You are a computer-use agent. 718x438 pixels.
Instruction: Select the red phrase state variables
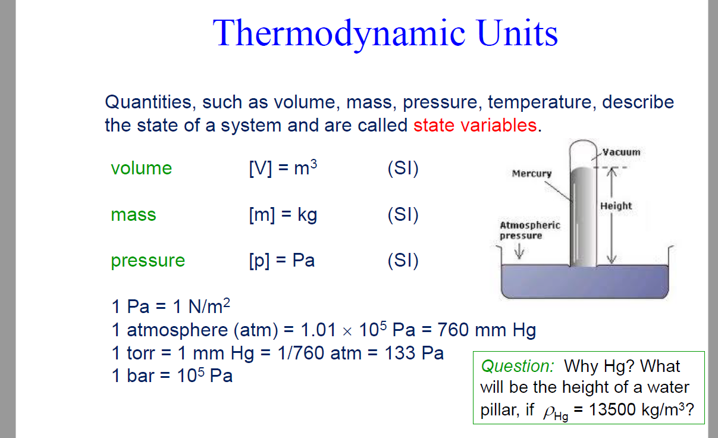[475, 126]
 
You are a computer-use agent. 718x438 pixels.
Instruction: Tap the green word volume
[141, 168]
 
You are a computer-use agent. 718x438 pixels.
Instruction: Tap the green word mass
[133, 214]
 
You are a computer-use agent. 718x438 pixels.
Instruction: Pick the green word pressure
[148, 261]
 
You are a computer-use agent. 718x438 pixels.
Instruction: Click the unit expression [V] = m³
[283, 168]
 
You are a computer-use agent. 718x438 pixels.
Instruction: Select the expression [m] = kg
[283, 214]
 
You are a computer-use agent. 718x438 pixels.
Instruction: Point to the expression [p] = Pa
[281, 261]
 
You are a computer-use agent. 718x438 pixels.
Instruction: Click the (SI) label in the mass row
[403, 214]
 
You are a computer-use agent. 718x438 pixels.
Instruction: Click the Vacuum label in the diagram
[621, 152]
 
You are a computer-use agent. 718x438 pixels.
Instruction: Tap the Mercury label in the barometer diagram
[531, 174]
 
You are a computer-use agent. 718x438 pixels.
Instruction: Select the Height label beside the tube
[616, 206]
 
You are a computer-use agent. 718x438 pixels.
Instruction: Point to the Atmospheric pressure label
[529, 230]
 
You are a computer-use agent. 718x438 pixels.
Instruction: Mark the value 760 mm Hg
[487, 330]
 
